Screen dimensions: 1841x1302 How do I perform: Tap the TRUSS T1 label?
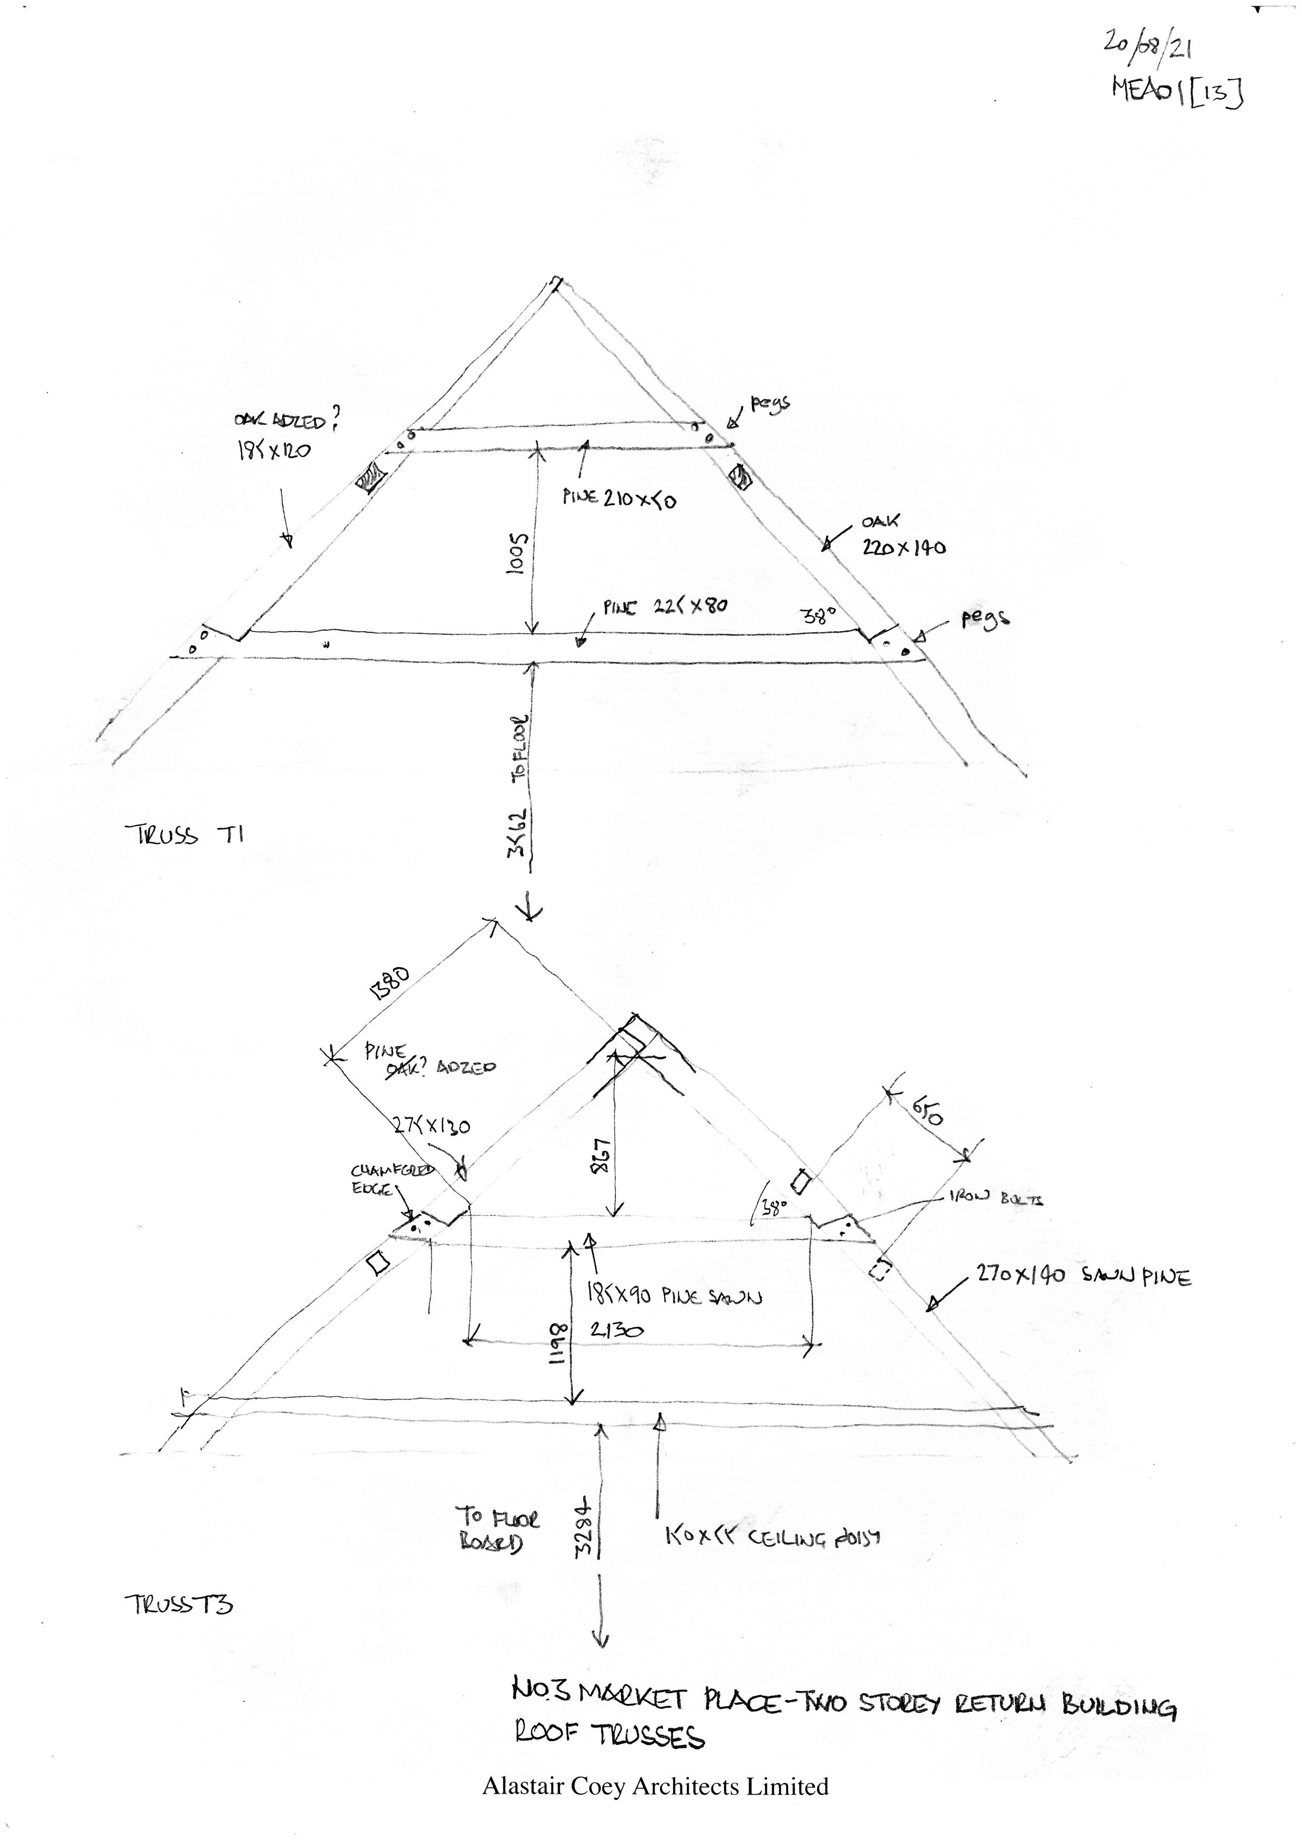[x=184, y=835]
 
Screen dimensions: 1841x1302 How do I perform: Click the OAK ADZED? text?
[x=285, y=420]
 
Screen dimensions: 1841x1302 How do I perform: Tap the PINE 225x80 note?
[x=665, y=607]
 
